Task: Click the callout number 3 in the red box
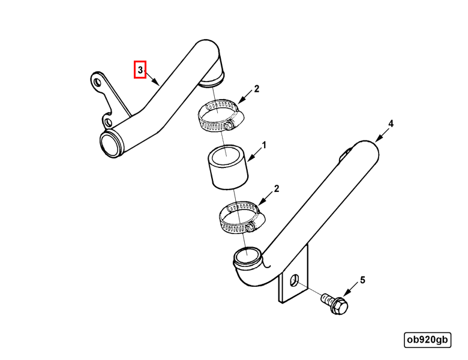(x=140, y=70)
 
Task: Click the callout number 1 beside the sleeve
(x=263, y=145)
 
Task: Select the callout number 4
(x=391, y=124)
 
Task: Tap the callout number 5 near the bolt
(x=362, y=280)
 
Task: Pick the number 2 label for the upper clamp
(x=256, y=89)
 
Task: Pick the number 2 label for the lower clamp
(x=277, y=188)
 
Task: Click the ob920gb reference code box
(x=427, y=340)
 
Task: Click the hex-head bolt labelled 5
(x=335, y=304)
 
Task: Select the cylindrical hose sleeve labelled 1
(x=228, y=167)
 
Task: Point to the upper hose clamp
(x=221, y=116)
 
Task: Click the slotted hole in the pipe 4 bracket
(x=294, y=280)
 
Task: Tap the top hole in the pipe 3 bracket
(x=97, y=82)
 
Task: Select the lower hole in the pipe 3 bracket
(x=108, y=122)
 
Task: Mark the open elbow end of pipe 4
(x=248, y=256)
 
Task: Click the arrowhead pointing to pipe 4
(x=377, y=139)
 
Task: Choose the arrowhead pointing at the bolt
(x=346, y=293)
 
